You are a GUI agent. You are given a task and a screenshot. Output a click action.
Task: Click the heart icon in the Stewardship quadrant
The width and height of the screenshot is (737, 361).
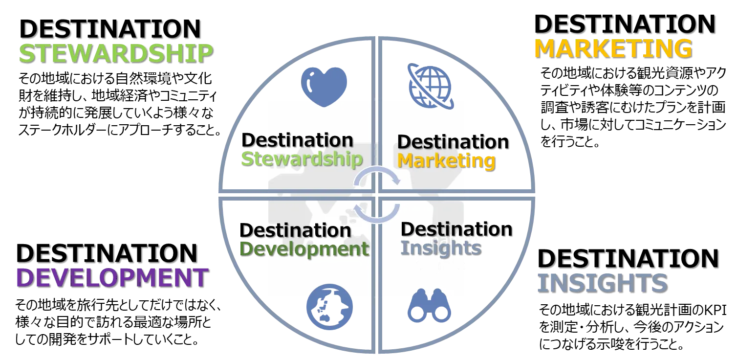(x=324, y=87)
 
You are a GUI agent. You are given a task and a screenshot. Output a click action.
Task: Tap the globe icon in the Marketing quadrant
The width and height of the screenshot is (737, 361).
(x=431, y=86)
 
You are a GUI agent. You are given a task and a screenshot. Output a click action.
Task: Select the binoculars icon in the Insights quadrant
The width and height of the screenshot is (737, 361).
(x=430, y=306)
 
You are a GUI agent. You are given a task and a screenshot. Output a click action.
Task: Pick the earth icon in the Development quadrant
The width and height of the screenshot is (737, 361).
(x=330, y=307)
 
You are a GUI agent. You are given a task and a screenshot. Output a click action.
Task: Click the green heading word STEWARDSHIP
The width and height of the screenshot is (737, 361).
(x=116, y=53)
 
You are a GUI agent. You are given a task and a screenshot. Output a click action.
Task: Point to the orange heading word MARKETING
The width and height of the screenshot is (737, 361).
(x=614, y=49)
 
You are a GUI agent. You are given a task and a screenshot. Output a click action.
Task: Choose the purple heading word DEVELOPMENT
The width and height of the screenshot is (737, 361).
(x=112, y=277)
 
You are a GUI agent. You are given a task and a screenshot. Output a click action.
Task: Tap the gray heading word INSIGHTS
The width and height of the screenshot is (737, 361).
(x=603, y=283)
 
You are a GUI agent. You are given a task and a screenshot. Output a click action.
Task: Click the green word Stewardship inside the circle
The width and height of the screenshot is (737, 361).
(x=302, y=159)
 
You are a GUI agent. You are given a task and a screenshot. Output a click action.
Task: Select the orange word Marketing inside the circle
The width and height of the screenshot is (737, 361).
(x=447, y=161)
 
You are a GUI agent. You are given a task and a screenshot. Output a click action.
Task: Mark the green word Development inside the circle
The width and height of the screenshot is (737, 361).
(x=304, y=249)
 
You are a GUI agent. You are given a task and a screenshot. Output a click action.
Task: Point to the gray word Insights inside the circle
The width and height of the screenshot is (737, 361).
(x=441, y=248)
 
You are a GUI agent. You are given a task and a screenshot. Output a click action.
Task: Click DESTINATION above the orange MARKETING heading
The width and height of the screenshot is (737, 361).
(x=625, y=24)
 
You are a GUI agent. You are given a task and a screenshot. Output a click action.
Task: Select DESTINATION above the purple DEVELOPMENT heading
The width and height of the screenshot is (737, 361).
(x=107, y=253)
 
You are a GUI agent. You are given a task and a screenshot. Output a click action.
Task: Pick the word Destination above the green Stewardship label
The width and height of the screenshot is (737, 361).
(x=298, y=140)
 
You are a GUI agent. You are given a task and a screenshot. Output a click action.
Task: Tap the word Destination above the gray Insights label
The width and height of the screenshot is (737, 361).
(x=456, y=229)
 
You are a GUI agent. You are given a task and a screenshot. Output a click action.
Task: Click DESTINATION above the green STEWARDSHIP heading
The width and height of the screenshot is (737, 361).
(x=110, y=29)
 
